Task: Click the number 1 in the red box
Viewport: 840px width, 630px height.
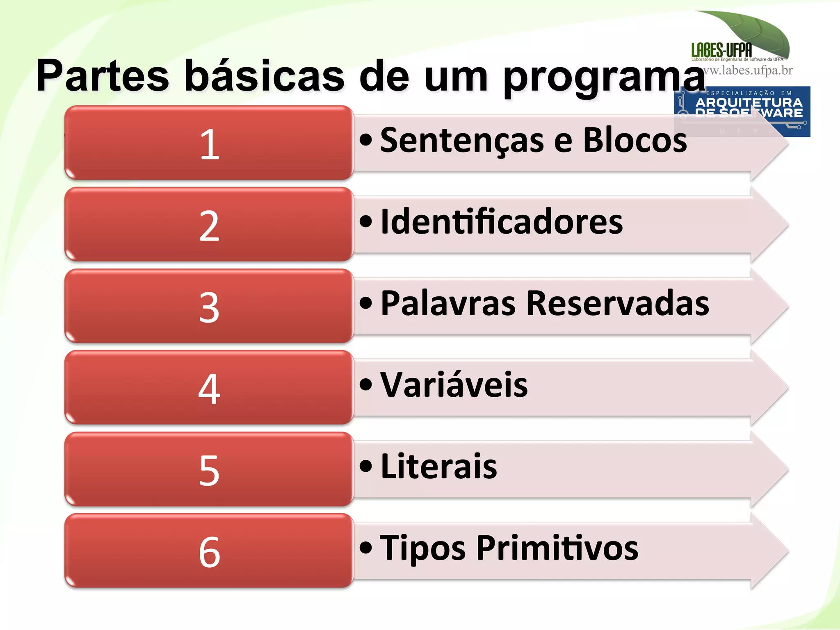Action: point(210,144)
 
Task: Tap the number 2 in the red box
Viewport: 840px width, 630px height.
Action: point(209,225)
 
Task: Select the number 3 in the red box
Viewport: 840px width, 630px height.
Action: point(209,307)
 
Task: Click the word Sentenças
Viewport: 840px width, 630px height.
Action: point(462,141)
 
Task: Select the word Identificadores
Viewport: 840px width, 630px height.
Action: point(502,222)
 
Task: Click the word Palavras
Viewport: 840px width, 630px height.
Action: point(448,303)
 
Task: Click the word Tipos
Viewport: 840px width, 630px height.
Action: point(423,548)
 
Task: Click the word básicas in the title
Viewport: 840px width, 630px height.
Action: point(264,76)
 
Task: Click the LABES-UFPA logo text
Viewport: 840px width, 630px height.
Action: point(721,50)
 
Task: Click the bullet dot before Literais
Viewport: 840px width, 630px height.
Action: point(365,466)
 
